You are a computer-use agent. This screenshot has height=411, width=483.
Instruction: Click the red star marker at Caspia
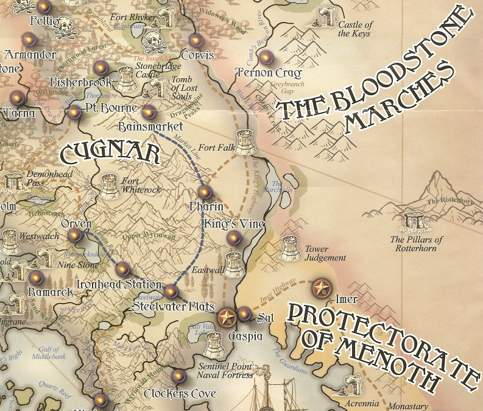click(227, 316)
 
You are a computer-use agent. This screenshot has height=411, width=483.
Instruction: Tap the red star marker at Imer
click(321, 288)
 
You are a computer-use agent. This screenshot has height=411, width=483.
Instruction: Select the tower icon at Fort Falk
click(246, 142)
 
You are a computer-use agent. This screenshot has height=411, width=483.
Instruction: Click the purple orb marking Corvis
click(196, 41)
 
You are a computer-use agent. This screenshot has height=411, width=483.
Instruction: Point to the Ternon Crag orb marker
click(266, 59)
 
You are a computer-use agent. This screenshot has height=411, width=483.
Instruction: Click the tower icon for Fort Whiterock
click(110, 187)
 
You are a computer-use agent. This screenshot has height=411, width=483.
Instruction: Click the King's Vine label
click(233, 224)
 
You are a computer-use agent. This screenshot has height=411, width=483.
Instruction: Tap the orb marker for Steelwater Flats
click(172, 291)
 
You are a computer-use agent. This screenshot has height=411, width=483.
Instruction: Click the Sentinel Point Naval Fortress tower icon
click(214, 346)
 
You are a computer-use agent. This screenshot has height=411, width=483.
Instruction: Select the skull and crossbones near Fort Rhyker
click(157, 40)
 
